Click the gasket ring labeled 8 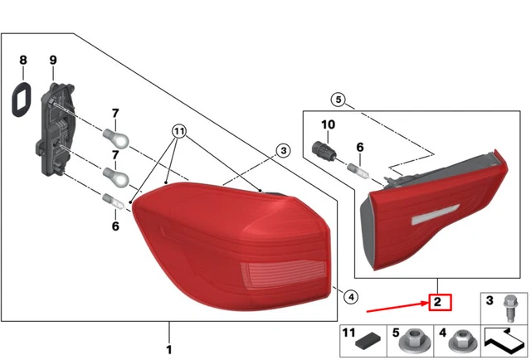[14, 99]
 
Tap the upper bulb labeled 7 [115, 139]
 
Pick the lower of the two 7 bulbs [115, 178]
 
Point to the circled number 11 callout [179, 131]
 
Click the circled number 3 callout [283, 150]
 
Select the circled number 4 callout [351, 297]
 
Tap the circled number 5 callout [339, 100]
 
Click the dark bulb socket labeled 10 [323, 150]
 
